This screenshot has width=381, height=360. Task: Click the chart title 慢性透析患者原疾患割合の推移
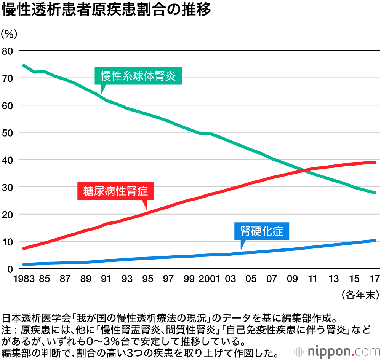(x=106, y=10)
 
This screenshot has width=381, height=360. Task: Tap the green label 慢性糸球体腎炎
(x=138, y=76)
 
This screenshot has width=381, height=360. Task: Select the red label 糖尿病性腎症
(x=115, y=191)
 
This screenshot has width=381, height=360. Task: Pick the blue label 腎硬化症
(x=262, y=231)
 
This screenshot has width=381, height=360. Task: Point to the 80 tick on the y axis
(x=8, y=51)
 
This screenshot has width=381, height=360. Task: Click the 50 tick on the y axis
(x=8, y=133)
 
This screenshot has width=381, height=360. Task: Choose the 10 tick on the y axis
(x=8, y=242)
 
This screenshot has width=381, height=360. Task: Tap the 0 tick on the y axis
(x=11, y=269)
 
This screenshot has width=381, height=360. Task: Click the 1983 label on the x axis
(x=24, y=279)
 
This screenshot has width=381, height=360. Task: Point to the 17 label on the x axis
(x=375, y=279)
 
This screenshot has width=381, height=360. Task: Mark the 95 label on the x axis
(x=147, y=279)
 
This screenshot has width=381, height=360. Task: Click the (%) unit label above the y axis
(x=9, y=34)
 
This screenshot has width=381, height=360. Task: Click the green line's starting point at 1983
(x=24, y=65)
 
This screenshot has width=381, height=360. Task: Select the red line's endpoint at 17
(x=375, y=162)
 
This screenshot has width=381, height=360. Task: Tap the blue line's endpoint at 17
(x=375, y=241)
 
